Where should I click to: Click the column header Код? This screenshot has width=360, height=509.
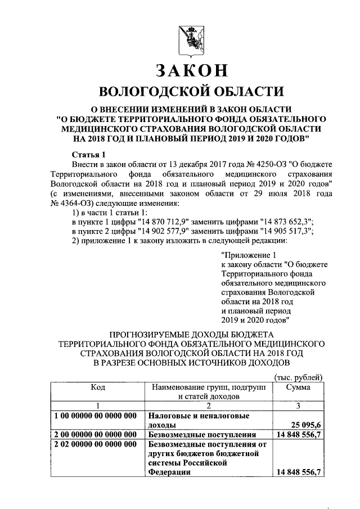click(x=98, y=387)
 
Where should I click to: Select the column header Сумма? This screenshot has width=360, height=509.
click(x=298, y=387)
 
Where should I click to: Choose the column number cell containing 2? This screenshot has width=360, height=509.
click(x=208, y=407)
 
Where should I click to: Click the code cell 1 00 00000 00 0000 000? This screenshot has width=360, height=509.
click(x=95, y=416)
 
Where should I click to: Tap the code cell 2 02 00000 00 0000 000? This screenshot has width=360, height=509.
click(x=95, y=444)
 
